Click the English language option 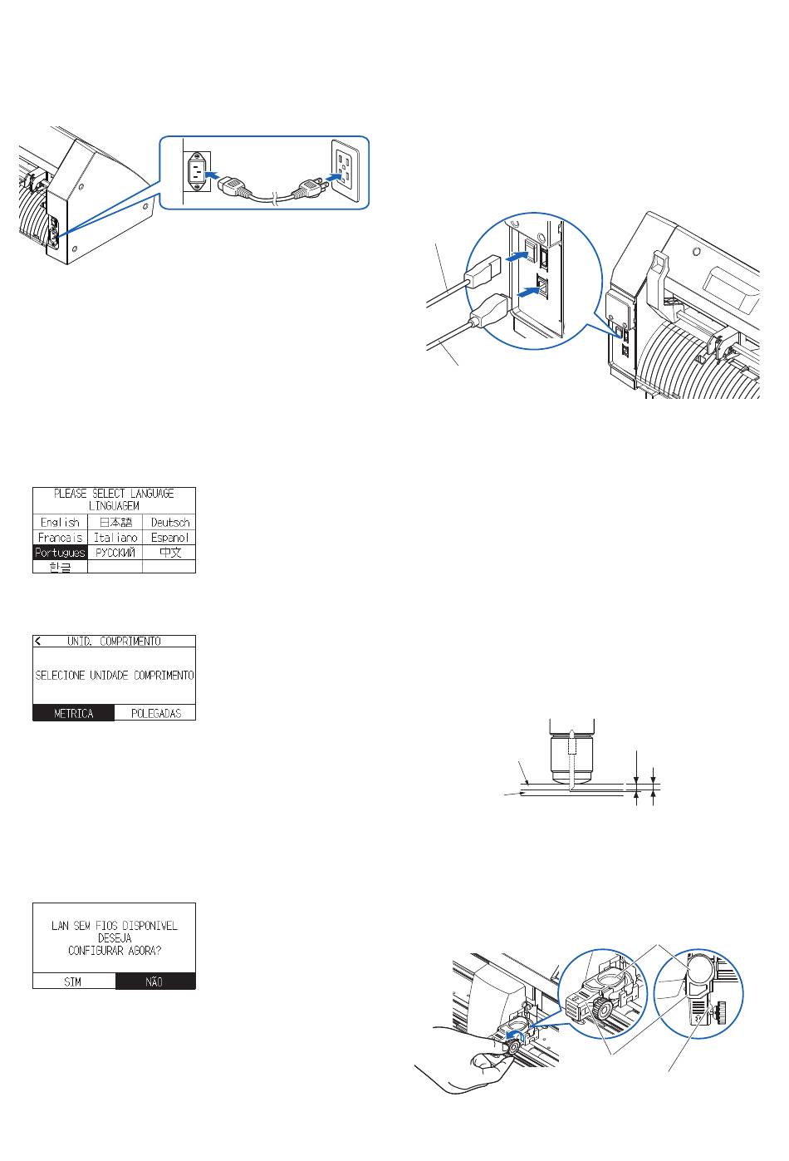tap(60, 523)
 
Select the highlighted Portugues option tap(60, 553)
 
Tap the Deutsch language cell tap(170, 523)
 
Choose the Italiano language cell tap(115, 538)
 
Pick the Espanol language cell tap(170, 538)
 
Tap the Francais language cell tap(60, 538)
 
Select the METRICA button tap(73, 713)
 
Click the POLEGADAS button tap(155, 713)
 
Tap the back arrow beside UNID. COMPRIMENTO tap(38, 642)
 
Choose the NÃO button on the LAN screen tap(154, 981)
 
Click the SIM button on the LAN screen tap(73, 981)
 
